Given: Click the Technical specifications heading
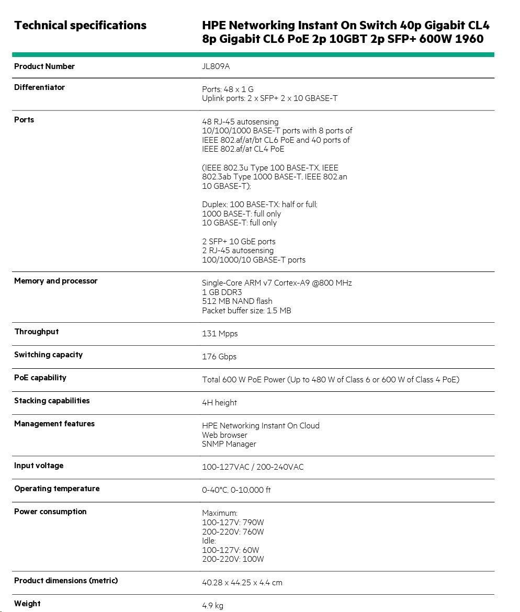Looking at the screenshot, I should (80, 25).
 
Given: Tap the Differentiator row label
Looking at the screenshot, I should (39, 87).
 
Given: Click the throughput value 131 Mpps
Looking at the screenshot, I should (220, 334).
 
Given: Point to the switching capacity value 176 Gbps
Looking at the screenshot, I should (219, 357).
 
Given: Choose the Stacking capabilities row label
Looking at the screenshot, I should (52, 401).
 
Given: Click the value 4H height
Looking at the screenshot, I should (219, 403).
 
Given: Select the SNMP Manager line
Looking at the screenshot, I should (229, 444).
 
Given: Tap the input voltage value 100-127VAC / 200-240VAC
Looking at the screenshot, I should (253, 467).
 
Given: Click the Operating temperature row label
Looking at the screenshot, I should (56, 489).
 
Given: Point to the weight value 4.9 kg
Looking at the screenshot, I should (212, 606).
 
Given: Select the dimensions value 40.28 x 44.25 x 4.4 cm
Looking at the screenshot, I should (242, 583).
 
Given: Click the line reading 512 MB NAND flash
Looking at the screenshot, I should (237, 301).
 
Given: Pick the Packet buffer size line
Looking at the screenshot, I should (246, 311).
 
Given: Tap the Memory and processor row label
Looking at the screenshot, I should (55, 281).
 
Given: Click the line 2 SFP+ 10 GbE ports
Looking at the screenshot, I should (239, 242).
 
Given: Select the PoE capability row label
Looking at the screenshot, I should (40, 378).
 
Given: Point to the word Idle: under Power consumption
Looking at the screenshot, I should (209, 541).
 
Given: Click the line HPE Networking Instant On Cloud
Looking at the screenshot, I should (261, 426).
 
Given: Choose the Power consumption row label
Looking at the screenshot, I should (50, 512).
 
